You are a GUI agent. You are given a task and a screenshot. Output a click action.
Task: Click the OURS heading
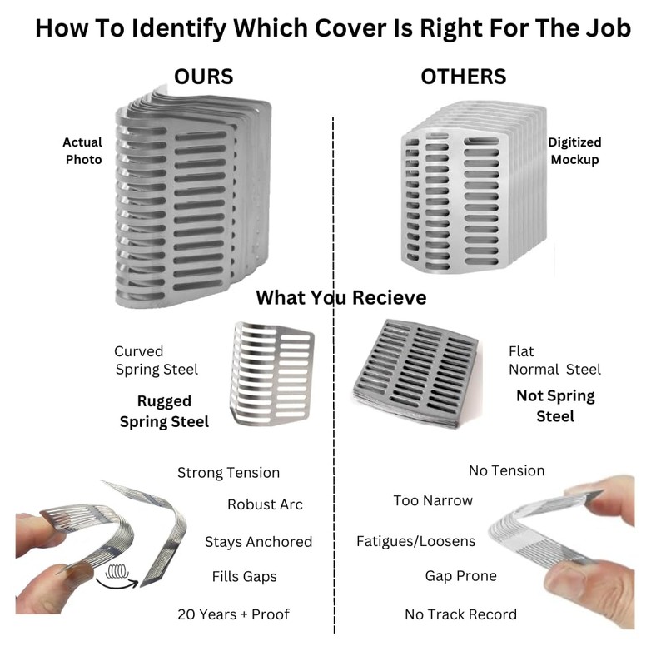click(204, 77)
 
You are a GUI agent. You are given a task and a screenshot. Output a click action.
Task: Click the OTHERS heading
click(464, 77)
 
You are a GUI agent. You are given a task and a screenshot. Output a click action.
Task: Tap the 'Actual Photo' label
click(83, 151)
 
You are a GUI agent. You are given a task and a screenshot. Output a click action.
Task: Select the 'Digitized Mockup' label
click(574, 151)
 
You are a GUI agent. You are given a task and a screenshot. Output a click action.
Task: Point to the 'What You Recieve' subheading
click(341, 297)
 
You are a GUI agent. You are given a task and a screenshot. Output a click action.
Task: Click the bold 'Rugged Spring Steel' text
click(164, 411)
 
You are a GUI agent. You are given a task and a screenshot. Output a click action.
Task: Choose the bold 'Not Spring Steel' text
click(555, 405)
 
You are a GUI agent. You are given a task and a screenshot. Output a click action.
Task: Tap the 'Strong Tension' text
click(228, 473)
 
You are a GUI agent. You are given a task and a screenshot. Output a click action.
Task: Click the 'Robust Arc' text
click(265, 504)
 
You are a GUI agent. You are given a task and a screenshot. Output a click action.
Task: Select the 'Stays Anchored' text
click(258, 542)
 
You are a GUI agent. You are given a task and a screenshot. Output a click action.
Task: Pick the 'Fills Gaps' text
click(244, 576)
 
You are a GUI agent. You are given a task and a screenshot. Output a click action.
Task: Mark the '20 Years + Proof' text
click(234, 614)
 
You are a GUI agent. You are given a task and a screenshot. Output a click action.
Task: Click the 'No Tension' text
click(506, 470)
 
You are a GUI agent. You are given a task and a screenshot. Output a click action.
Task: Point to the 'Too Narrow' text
click(433, 501)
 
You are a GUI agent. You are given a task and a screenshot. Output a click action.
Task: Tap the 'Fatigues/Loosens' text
click(416, 541)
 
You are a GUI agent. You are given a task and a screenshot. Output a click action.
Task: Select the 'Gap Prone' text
click(460, 576)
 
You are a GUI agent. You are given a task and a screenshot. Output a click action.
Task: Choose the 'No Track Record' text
click(460, 614)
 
